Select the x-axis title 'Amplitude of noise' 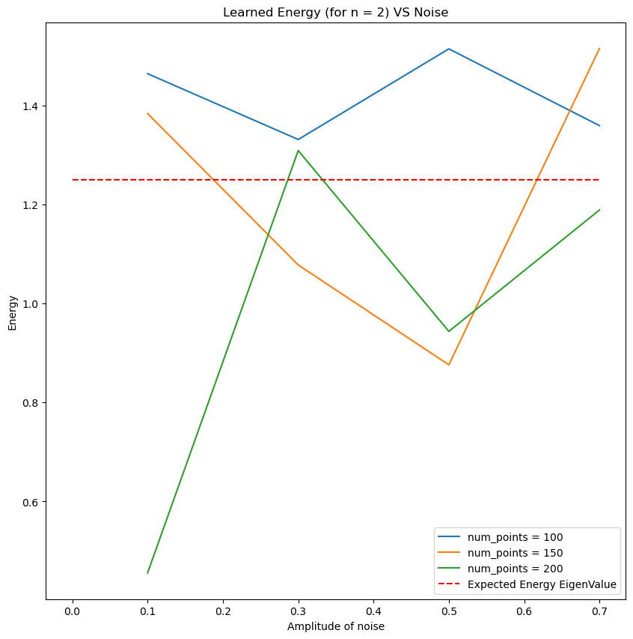pyautogui.click(x=336, y=626)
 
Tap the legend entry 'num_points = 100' pyautogui.click(x=515, y=537)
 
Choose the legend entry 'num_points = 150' pyautogui.click(x=515, y=553)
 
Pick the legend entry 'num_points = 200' pyautogui.click(x=515, y=569)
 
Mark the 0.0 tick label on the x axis pyautogui.click(x=73, y=611)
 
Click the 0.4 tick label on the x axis pyautogui.click(x=373, y=611)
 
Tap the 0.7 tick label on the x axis pyautogui.click(x=599, y=611)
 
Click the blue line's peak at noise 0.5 pyautogui.click(x=449, y=49)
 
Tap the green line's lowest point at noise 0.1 pyautogui.click(x=148, y=573)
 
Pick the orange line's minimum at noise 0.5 pyautogui.click(x=449, y=365)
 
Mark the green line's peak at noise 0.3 pyautogui.click(x=299, y=151)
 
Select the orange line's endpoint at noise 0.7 pyautogui.click(x=599, y=49)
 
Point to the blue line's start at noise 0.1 pyautogui.click(x=148, y=73)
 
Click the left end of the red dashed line pyautogui.click(x=73, y=180)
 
